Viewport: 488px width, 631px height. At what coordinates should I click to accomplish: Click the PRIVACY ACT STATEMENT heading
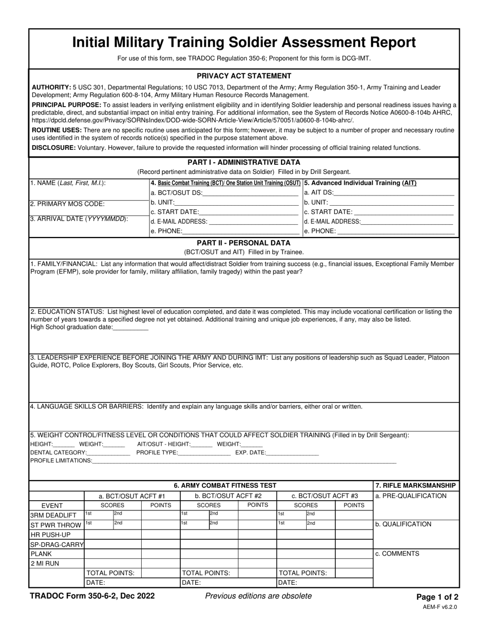[x=244, y=76]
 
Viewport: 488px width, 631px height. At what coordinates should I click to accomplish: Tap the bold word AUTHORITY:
[x=51, y=88]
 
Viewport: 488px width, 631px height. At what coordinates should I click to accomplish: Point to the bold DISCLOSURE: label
[x=54, y=148]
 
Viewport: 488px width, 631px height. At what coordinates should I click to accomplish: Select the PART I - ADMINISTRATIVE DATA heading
[x=244, y=162]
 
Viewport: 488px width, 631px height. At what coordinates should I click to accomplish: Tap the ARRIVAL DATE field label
[x=79, y=219]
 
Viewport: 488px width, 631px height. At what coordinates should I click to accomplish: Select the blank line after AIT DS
[x=394, y=193]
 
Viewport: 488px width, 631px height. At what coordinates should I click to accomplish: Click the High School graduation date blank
[x=130, y=327]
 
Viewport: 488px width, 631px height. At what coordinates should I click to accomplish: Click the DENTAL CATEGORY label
[x=59, y=453]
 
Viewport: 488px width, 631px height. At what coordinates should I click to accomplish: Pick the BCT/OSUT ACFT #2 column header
[x=228, y=496]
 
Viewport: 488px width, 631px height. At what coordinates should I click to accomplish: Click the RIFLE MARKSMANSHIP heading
[x=416, y=485]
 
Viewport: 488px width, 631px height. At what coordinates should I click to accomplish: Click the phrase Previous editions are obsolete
[x=258, y=596]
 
